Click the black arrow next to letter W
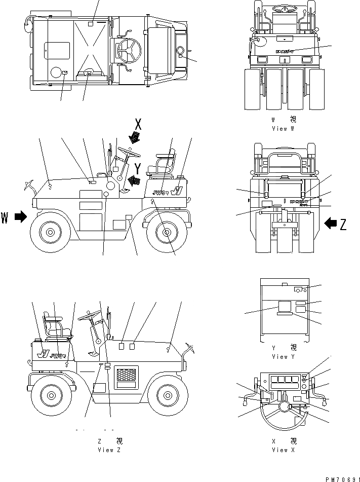pyautogui.click(x=20, y=216)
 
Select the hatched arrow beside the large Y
pyautogui.click(x=134, y=179)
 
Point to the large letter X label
pyautogui.click(x=138, y=123)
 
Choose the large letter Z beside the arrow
pyautogui.click(x=343, y=224)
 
